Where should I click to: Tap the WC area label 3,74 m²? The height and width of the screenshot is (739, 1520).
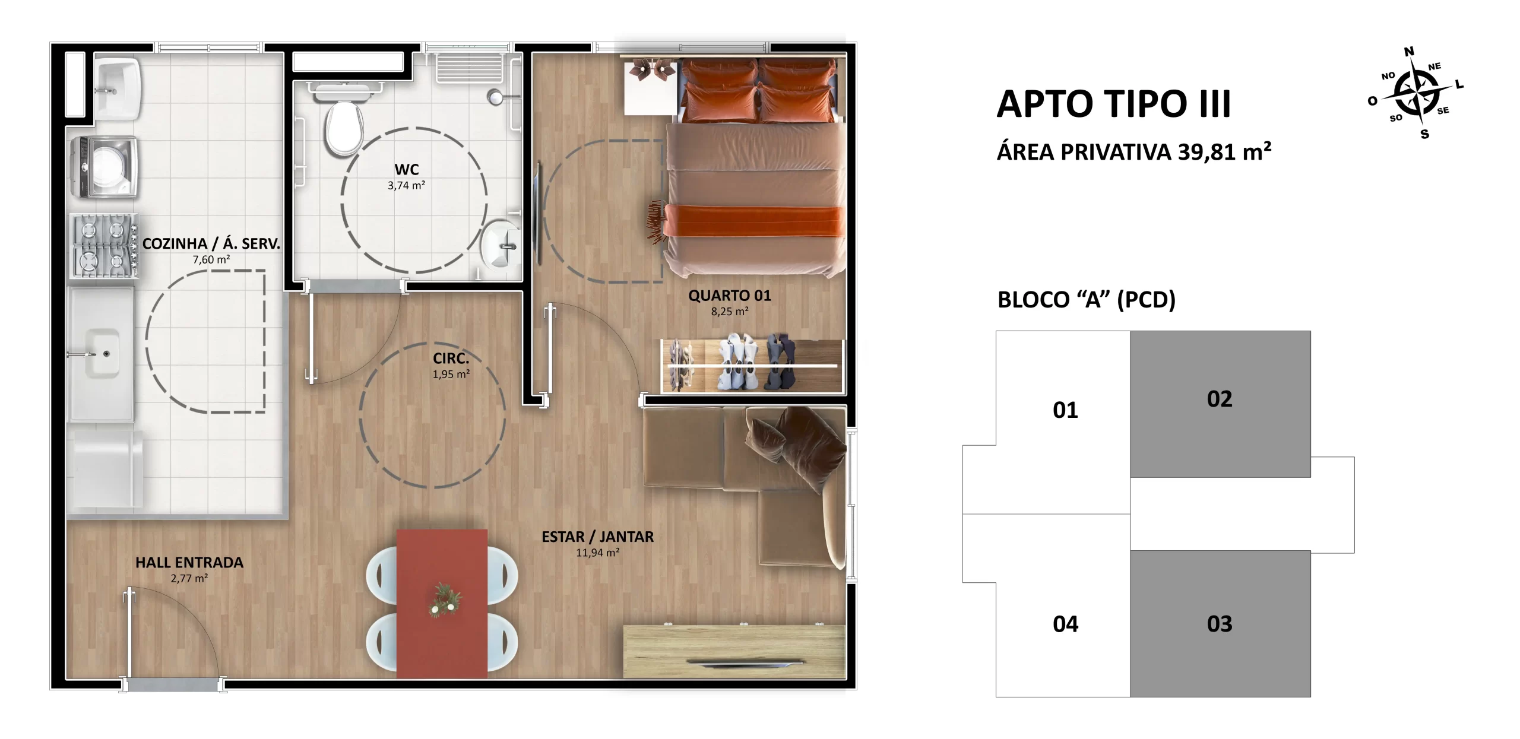(406, 186)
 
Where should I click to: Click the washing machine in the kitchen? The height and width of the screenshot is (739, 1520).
(105, 168)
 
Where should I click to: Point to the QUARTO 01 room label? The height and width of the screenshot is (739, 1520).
(730, 296)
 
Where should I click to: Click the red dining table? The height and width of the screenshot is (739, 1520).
(442, 603)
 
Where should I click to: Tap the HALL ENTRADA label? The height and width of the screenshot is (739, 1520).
(189, 563)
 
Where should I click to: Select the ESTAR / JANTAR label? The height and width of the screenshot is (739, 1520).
(597, 537)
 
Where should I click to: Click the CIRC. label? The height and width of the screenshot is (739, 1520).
(451, 359)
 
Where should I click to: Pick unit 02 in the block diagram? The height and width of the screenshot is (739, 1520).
(1220, 404)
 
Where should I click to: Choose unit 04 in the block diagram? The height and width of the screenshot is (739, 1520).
(1065, 624)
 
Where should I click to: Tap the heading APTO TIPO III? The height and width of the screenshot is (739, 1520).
(1114, 104)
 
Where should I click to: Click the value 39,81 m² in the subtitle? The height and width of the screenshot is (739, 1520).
(1225, 153)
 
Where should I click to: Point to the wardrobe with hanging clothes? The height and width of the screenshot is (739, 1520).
(752, 366)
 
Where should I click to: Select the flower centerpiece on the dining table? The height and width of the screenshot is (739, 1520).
(444, 600)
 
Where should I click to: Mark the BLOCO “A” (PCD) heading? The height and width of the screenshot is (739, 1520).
(1087, 300)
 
